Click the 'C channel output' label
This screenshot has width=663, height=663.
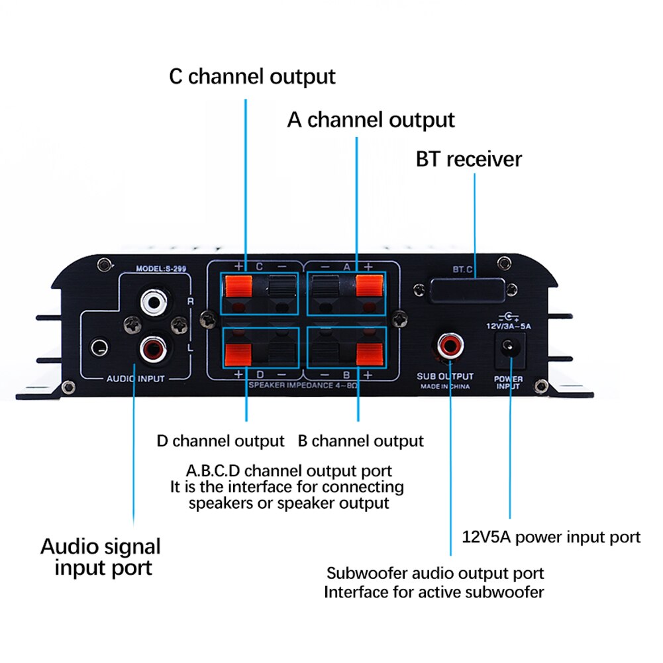252,76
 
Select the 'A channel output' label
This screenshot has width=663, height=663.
371,120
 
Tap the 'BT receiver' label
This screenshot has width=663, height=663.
469,159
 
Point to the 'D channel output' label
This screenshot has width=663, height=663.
221,440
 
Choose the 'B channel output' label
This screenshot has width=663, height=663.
360,440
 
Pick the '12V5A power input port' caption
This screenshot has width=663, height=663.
550,536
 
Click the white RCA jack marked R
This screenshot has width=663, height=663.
154,303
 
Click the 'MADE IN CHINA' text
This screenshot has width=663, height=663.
445,385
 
